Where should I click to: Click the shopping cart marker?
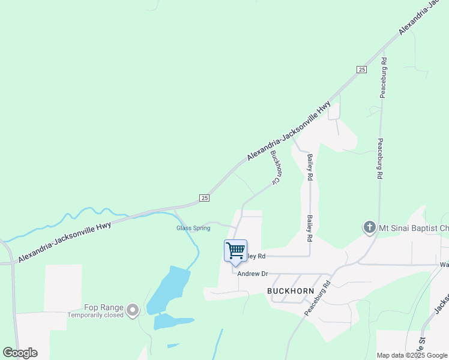coord(235,250)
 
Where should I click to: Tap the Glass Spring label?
coord(193,228)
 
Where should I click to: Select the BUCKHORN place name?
coord(291,290)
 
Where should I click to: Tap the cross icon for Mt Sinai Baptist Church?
coord(369,227)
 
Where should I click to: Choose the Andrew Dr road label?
coord(252,274)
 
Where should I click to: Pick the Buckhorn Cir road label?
coord(276,167)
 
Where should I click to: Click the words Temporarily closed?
coord(95,315)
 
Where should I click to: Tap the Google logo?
coord(20,353)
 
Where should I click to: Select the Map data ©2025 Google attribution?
coord(412,355)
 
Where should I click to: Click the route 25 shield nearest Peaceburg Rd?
coord(361,70)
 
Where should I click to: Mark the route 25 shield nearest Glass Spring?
coord(204,197)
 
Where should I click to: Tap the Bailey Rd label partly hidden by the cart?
coord(257,256)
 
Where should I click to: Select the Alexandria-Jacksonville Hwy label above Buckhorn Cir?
coord(289,131)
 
